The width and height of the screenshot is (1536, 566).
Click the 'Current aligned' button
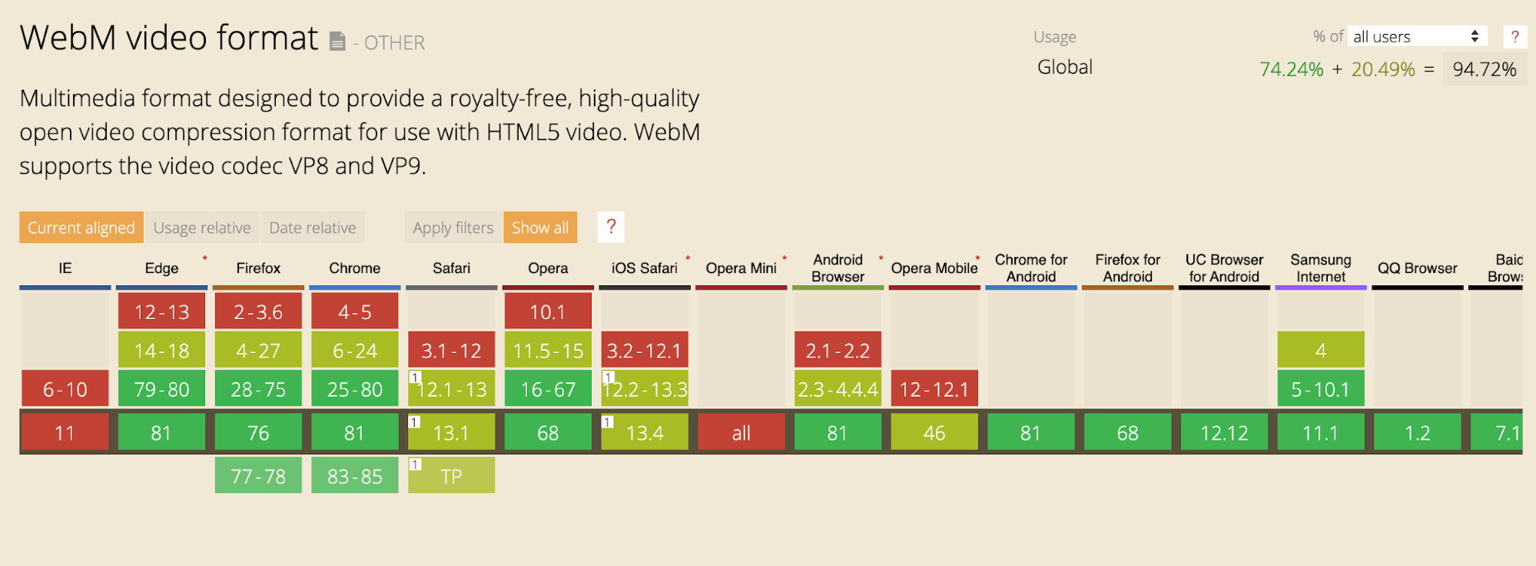coord(81,228)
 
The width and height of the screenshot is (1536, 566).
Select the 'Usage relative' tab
coord(202,228)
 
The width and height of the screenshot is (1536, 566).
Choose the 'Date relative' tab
coord(313,228)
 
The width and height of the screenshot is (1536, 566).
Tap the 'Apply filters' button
coord(453,228)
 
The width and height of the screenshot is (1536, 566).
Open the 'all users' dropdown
coord(1417,36)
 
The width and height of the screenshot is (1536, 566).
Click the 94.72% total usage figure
coord(1485,69)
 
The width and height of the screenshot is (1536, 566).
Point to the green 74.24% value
coord(1291,69)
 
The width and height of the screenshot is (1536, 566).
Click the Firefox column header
coord(258,268)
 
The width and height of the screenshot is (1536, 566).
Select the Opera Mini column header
coord(741,268)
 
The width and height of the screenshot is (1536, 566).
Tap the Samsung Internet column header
coord(1321,268)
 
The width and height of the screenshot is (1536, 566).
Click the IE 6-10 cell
coord(65,389)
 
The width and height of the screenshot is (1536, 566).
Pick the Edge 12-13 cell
coord(162,312)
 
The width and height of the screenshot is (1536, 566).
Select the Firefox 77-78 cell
coord(258,476)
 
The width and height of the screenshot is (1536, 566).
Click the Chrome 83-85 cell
coord(355,476)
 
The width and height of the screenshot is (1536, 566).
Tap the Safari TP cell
coord(452,476)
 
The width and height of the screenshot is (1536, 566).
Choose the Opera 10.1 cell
coord(548,312)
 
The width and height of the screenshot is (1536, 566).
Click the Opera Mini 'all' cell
coord(741,433)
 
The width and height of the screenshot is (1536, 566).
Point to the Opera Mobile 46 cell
coord(934,433)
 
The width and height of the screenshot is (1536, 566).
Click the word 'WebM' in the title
coord(68,38)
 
